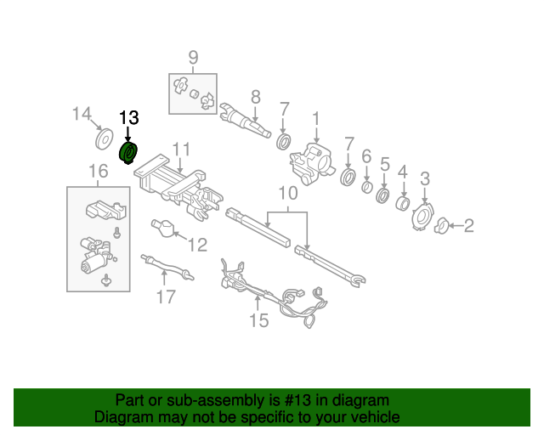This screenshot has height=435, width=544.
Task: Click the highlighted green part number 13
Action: pos(130,154)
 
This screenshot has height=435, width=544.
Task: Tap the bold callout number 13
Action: pos(128,118)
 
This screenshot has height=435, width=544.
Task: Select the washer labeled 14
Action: pos(105,138)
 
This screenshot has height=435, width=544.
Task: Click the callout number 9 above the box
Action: pos(193,58)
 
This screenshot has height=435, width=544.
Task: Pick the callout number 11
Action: pos(180,150)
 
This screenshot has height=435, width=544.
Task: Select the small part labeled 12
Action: pos(163,227)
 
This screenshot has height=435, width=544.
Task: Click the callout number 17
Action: pos(165,297)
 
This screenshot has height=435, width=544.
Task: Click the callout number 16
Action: pos(99,172)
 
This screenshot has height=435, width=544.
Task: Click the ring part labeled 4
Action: pos(402,205)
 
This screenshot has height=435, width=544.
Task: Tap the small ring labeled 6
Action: pos(366,187)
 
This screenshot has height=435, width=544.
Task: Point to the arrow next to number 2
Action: pos(458,225)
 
